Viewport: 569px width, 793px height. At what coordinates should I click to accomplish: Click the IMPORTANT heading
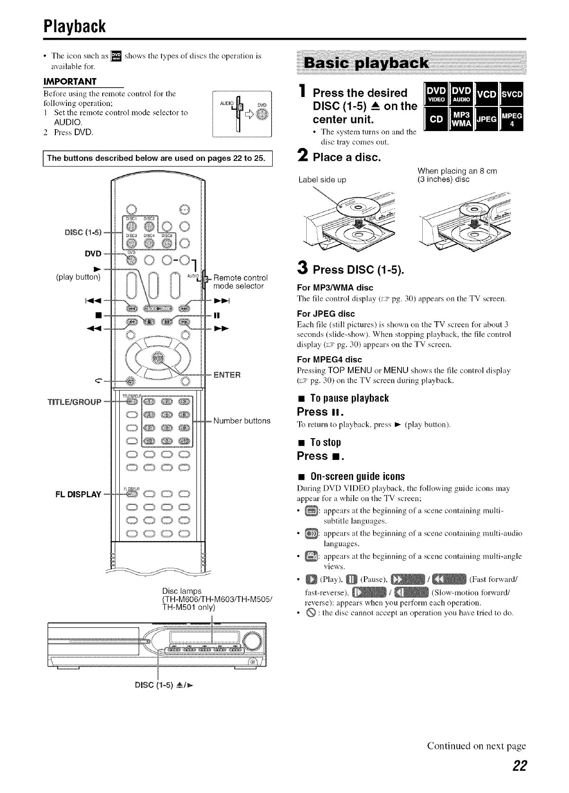coord(70,81)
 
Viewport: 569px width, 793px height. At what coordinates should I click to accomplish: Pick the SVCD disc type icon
coord(512,94)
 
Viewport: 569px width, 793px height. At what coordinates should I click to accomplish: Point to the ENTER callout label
coord(227,375)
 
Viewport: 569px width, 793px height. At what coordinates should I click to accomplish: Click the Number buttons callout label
coord(242,421)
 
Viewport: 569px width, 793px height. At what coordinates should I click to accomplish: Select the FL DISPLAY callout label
coord(78,494)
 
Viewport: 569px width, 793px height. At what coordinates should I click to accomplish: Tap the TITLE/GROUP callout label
coord(74,402)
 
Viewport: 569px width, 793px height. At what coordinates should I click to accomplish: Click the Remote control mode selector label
coord(240,282)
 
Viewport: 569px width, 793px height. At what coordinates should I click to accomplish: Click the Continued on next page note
coord(476,746)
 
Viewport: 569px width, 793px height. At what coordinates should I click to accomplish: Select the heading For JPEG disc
coord(326,314)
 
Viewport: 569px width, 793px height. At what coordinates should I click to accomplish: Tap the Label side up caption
coord(322,180)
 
